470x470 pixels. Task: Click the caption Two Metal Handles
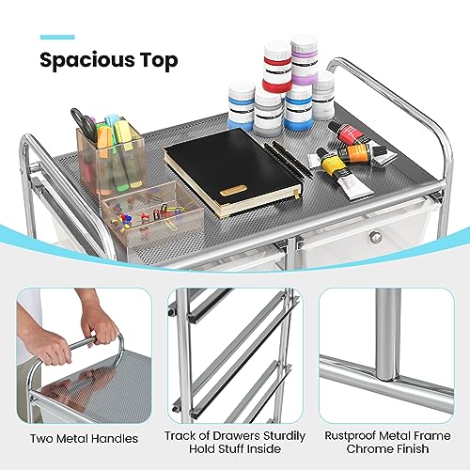pyautogui.click(x=83, y=438)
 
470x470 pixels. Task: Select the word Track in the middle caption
pyautogui.click(x=184, y=435)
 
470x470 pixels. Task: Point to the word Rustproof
pyautogui.click(x=351, y=435)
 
